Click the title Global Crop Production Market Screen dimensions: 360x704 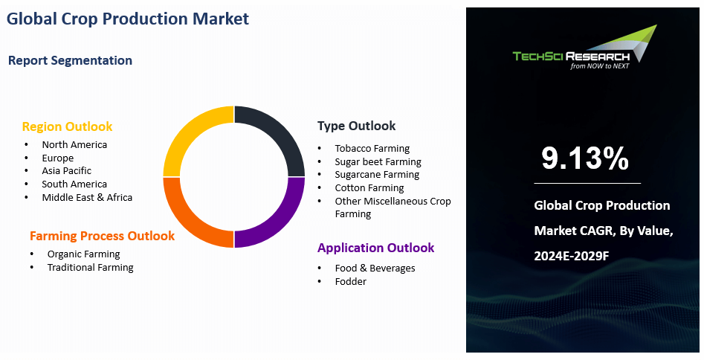pyautogui.click(x=128, y=19)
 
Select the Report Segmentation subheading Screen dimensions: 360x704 pyautogui.click(x=70, y=60)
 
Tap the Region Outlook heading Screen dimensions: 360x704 pyautogui.click(x=67, y=126)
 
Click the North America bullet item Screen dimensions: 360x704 pyautogui.click(x=74, y=144)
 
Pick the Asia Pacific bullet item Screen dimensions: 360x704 pyautogui.click(x=66, y=171)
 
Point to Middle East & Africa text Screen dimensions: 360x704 pyautogui.click(x=87, y=197)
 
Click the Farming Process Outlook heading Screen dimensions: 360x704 pyautogui.click(x=102, y=236)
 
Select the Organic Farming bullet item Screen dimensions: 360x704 pyautogui.click(x=83, y=254)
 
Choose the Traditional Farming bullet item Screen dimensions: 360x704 pyautogui.click(x=90, y=267)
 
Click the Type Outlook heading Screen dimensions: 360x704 pyautogui.click(x=356, y=126)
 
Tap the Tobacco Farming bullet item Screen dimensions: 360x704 pyautogui.click(x=372, y=148)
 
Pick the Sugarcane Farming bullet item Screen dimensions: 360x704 pyautogui.click(x=377, y=175)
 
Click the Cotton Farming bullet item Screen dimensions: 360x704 pyautogui.click(x=369, y=188)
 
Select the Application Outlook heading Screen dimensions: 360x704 pyautogui.click(x=375, y=248)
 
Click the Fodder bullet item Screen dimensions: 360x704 pyautogui.click(x=350, y=281)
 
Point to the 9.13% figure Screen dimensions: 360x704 pyautogui.click(x=585, y=158)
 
